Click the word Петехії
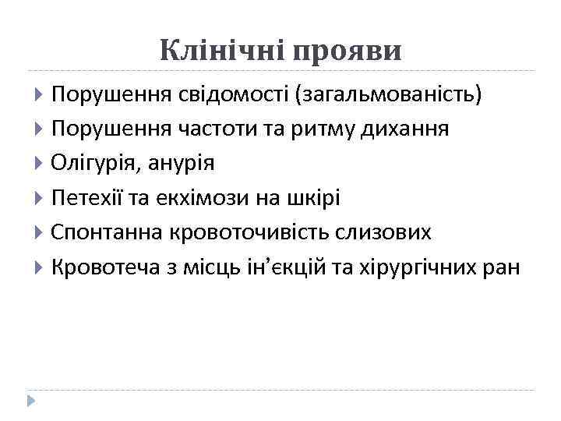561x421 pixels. (86, 199)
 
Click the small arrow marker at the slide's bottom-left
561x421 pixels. (30, 400)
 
